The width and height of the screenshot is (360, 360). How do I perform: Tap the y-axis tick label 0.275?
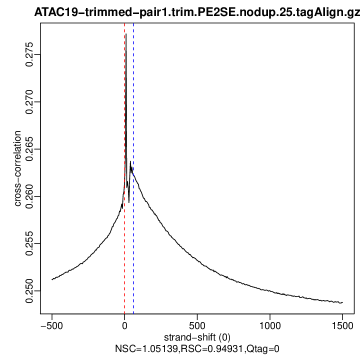[30, 54]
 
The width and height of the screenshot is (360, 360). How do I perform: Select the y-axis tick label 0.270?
[30, 102]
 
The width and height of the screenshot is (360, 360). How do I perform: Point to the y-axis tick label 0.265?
[30, 149]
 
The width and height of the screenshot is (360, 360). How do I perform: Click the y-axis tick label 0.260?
[30, 196]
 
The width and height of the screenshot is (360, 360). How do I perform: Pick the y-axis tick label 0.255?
[30, 243]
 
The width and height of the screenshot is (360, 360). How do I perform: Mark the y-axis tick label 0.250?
[30, 290]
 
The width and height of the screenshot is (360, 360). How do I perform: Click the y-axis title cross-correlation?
[18, 168]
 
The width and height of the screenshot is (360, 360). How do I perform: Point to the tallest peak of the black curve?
[126, 34]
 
